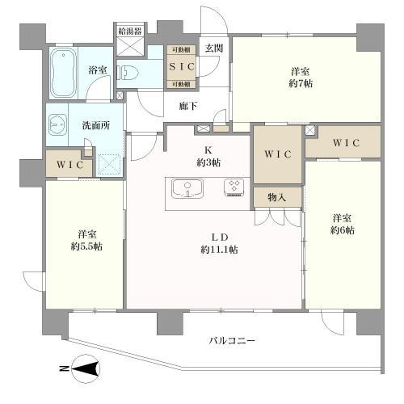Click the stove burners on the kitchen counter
click(234, 187)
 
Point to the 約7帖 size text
click(304, 83)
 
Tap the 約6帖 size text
click(342, 231)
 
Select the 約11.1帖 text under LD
click(219, 250)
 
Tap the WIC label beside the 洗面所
click(66, 164)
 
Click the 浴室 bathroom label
click(97, 70)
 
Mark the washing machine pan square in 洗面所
click(108, 164)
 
